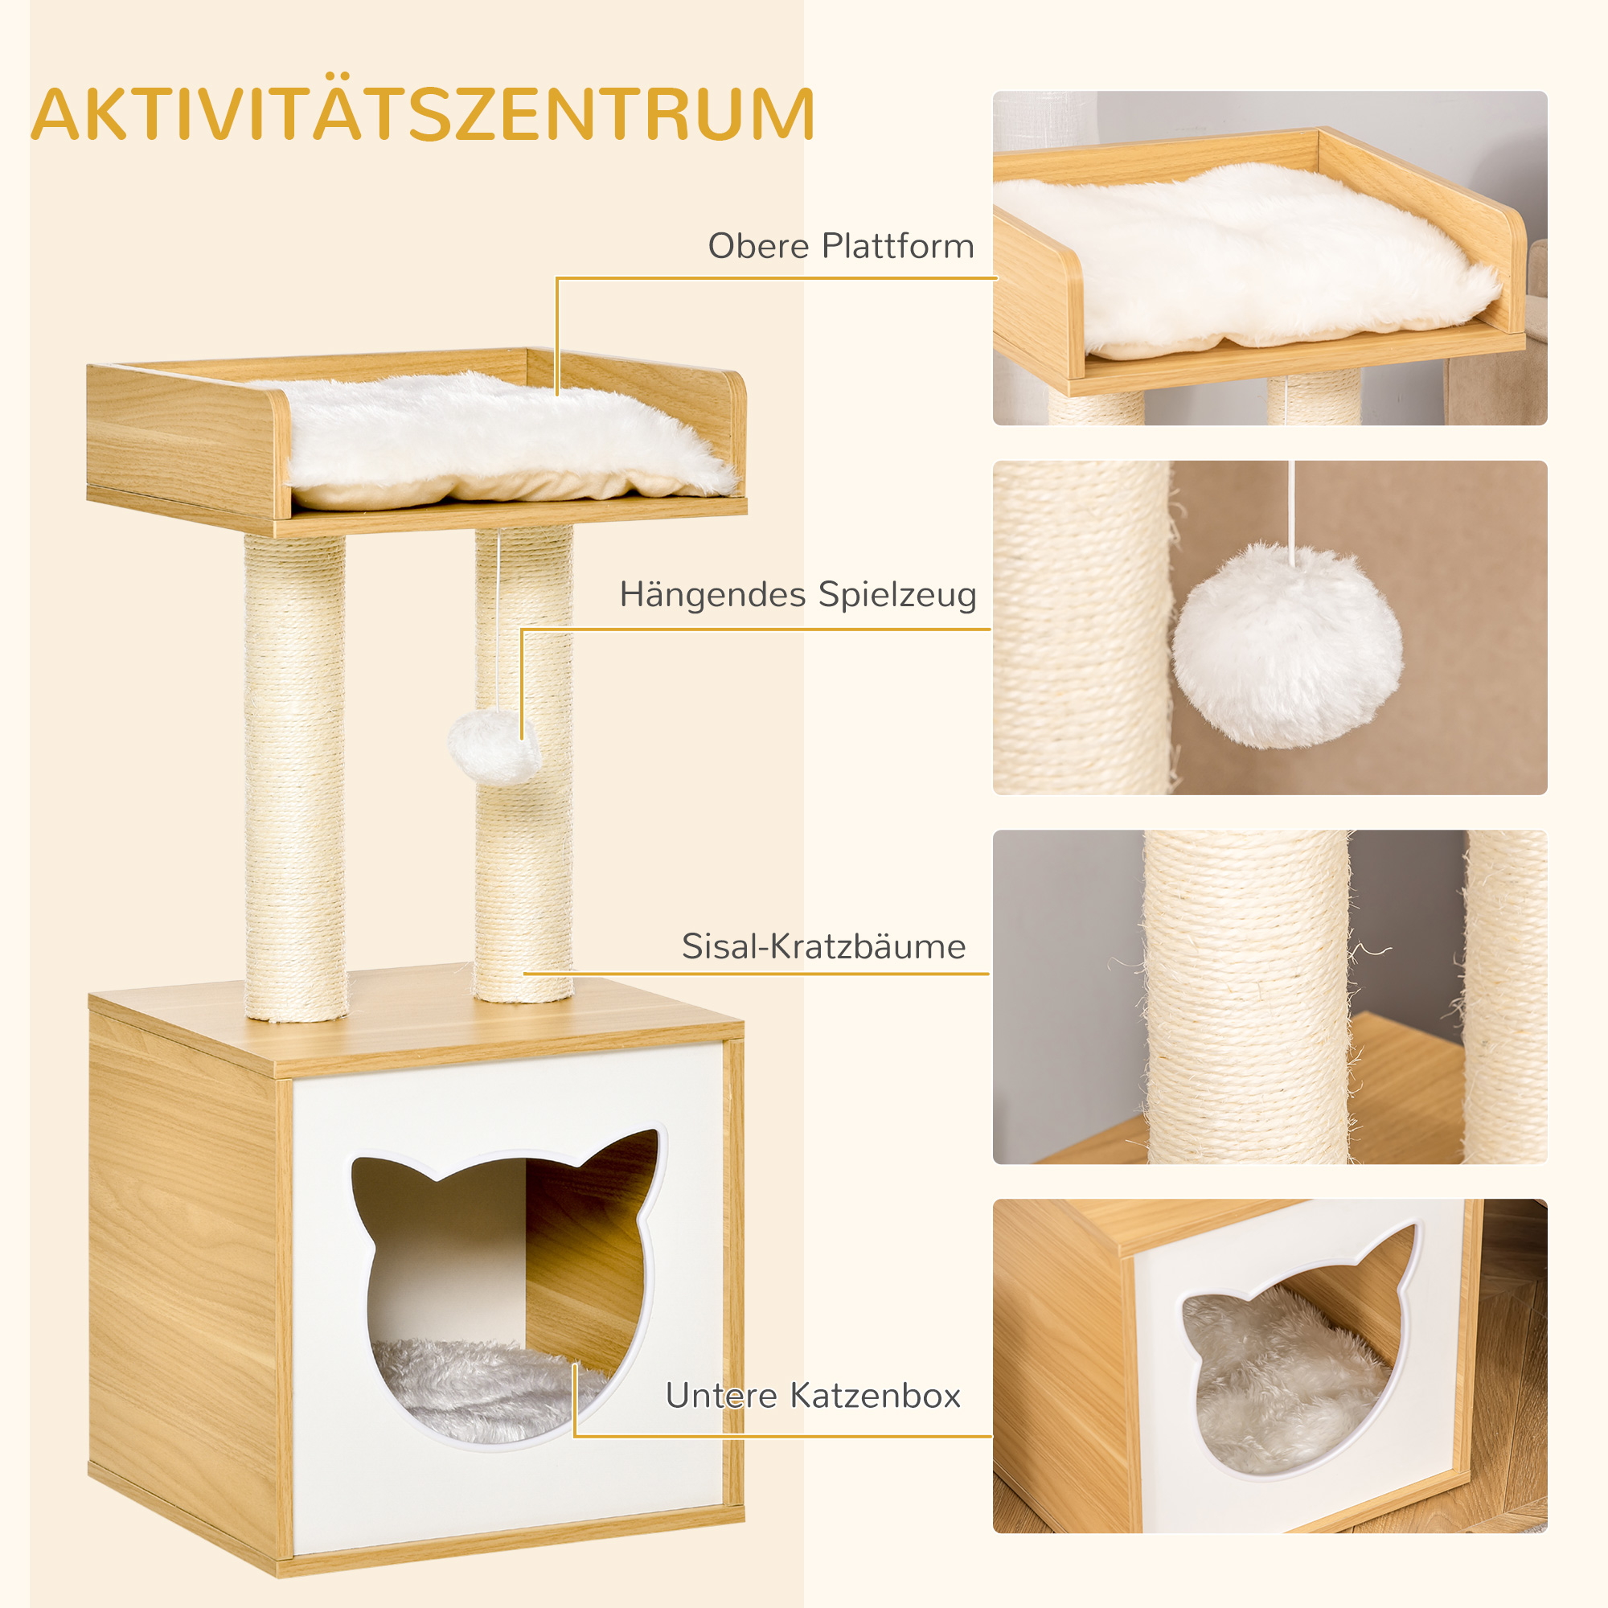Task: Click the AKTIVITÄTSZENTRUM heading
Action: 423,115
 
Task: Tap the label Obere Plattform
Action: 841,246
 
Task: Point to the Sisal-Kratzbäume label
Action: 823,947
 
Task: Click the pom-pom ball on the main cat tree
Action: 493,746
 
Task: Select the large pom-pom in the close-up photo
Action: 1286,646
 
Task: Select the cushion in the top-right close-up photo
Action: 1249,258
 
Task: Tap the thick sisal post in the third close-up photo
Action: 1246,999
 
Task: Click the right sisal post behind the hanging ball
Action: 524,874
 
